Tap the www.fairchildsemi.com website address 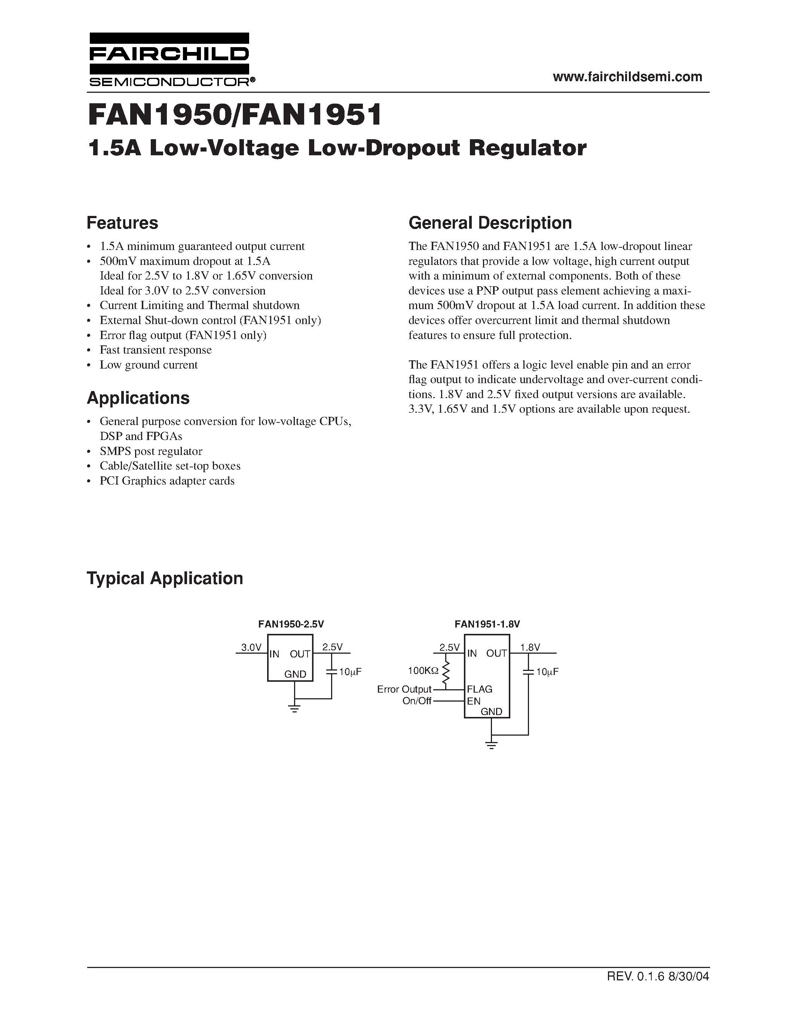click(x=627, y=77)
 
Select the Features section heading click(x=122, y=223)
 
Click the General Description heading click(x=490, y=223)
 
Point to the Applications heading click(x=138, y=398)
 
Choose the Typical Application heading click(x=165, y=578)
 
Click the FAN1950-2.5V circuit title click(x=291, y=624)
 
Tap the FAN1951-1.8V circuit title click(x=487, y=624)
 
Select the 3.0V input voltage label click(x=251, y=647)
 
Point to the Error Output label click(x=404, y=689)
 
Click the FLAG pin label click(x=480, y=689)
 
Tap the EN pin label click(x=474, y=701)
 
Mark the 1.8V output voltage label click(x=530, y=647)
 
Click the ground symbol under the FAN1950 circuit click(x=295, y=708)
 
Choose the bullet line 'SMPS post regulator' click(x=151, y=451)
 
